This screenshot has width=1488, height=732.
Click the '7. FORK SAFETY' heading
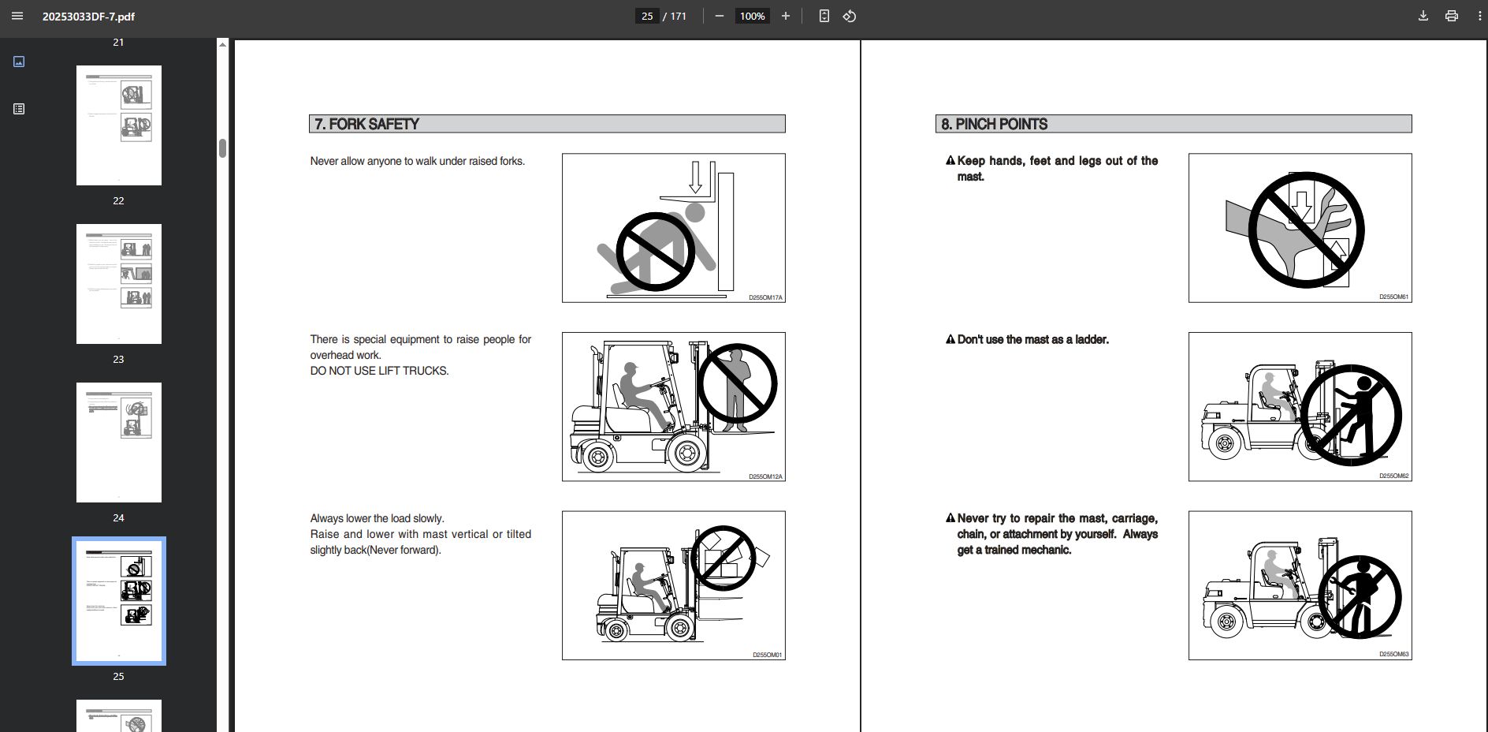[366, 124]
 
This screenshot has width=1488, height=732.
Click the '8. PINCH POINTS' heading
[994, 124]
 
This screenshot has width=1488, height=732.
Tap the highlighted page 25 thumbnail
[119, 601]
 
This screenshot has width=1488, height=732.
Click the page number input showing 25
[647, 16]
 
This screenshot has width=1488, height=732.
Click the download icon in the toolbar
[1423, 16]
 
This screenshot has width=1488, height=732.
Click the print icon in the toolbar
[1452, 16]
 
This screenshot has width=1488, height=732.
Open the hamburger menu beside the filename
[17, 16]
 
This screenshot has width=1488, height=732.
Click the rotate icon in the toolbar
[850, 16]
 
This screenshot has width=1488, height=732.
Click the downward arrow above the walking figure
[695, 177]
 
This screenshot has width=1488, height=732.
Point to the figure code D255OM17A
[765, 297]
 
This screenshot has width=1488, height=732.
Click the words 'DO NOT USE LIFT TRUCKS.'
[379, 371]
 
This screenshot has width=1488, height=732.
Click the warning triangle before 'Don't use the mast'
[950, 339]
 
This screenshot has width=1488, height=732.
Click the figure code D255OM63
[1393, 654]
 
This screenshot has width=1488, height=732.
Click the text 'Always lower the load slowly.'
[377, 518]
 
